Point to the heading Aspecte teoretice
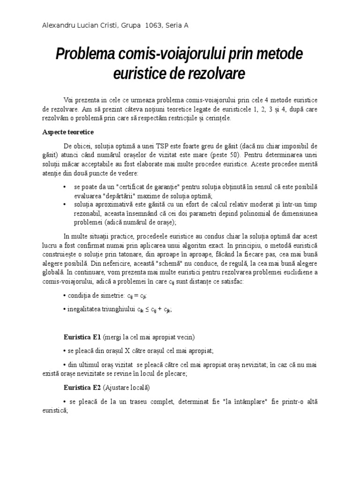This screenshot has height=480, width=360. coord(67,132)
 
